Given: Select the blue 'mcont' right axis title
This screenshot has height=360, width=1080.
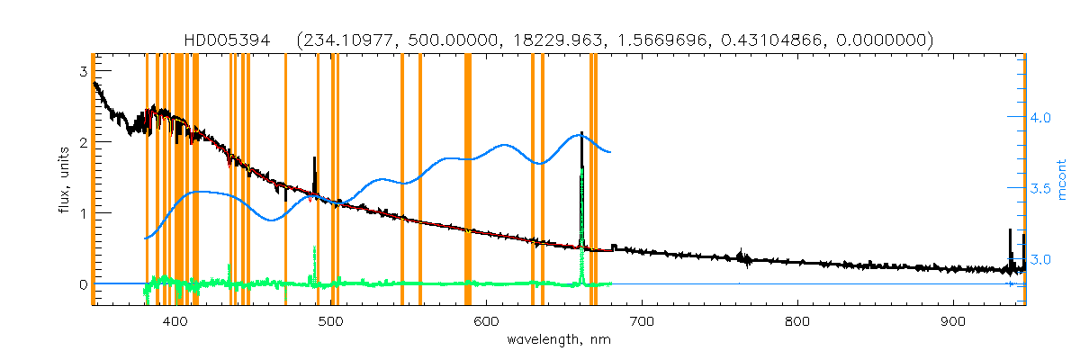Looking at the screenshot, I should (x=1062, y=179).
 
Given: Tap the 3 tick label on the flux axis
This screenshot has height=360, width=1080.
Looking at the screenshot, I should (x=83, y=71).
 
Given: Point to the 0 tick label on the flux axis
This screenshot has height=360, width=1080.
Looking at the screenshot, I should (x=83, y=284).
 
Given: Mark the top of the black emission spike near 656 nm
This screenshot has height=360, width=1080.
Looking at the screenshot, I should (x=581, y=133).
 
